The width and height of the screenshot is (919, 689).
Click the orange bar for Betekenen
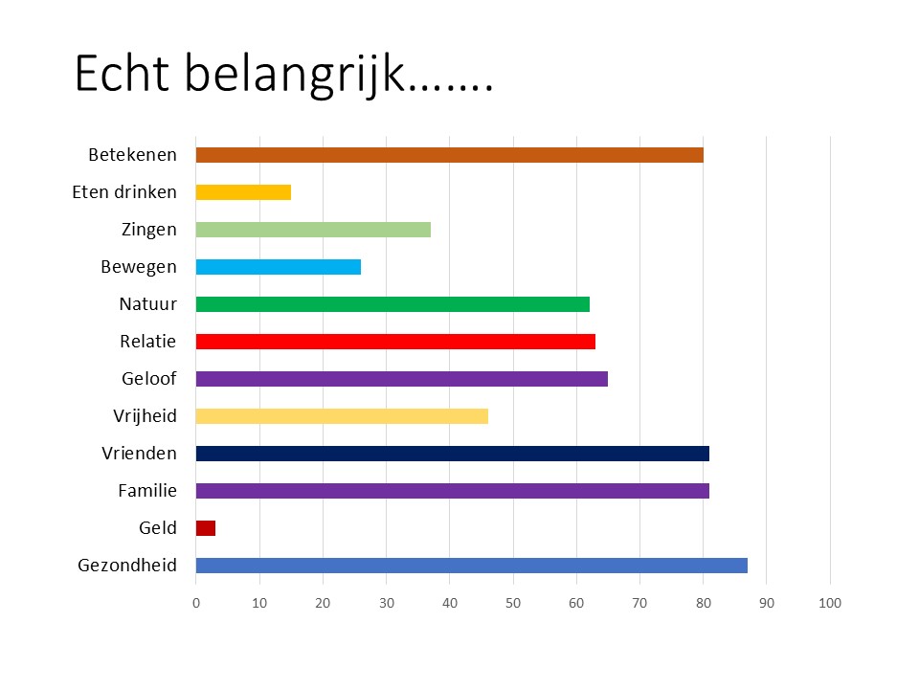(450, 155)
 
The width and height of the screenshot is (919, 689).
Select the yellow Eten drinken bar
(243, 192)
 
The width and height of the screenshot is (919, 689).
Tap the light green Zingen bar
(313, 230)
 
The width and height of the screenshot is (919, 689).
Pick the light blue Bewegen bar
(279, 267)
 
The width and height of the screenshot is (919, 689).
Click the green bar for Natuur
(392, 304)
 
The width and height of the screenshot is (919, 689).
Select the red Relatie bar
(395, 342)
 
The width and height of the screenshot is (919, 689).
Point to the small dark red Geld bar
(206, 528)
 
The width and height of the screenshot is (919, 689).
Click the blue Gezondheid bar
(472, 566)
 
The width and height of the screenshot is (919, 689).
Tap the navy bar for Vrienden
(453, 454)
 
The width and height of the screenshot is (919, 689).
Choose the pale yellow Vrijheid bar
(342, 416)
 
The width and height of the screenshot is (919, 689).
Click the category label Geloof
(149, 379)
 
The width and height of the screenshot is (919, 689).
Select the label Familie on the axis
(147, 490)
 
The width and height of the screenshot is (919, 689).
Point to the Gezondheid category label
(127, 566)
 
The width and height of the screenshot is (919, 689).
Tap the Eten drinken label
(124, 192)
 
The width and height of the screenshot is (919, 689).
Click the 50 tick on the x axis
(513, 603)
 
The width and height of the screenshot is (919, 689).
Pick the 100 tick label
(830, 603)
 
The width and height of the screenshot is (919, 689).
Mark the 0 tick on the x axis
(195, 603)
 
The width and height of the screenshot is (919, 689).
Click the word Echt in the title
(122, 74)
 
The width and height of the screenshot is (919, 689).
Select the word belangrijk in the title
(294, 75)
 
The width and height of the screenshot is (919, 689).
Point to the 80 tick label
(704, 603)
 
